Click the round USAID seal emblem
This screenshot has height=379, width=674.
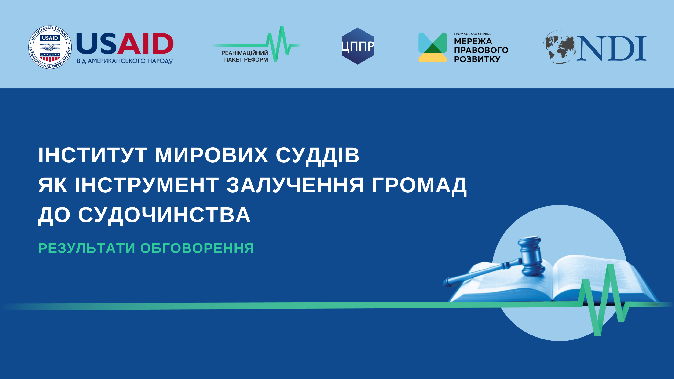tap(50, 47)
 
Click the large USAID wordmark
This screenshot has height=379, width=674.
tap(125, 44)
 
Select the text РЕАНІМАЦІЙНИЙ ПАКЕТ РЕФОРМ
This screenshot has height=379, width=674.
tap(245, 56)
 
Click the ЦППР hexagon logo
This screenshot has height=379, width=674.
tap(357, 46)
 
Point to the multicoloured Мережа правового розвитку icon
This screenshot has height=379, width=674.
tap(432, 47)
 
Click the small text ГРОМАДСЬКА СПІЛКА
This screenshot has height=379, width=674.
tap(472, 34)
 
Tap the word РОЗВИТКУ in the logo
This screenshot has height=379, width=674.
tap(477, 59)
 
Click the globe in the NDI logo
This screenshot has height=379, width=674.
tap(559, 47)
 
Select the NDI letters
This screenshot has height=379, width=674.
tap(612, 48)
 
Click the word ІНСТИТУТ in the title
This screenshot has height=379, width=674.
tap(93, 155)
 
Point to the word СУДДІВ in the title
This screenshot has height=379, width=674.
tap(317, 156)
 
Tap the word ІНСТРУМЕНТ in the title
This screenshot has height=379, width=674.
tap(147, 185)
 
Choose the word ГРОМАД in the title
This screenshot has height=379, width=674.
tap(419, 186)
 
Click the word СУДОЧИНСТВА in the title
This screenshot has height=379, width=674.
tap(164, 215)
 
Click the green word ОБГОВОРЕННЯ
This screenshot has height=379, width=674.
tap(197, 248)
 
